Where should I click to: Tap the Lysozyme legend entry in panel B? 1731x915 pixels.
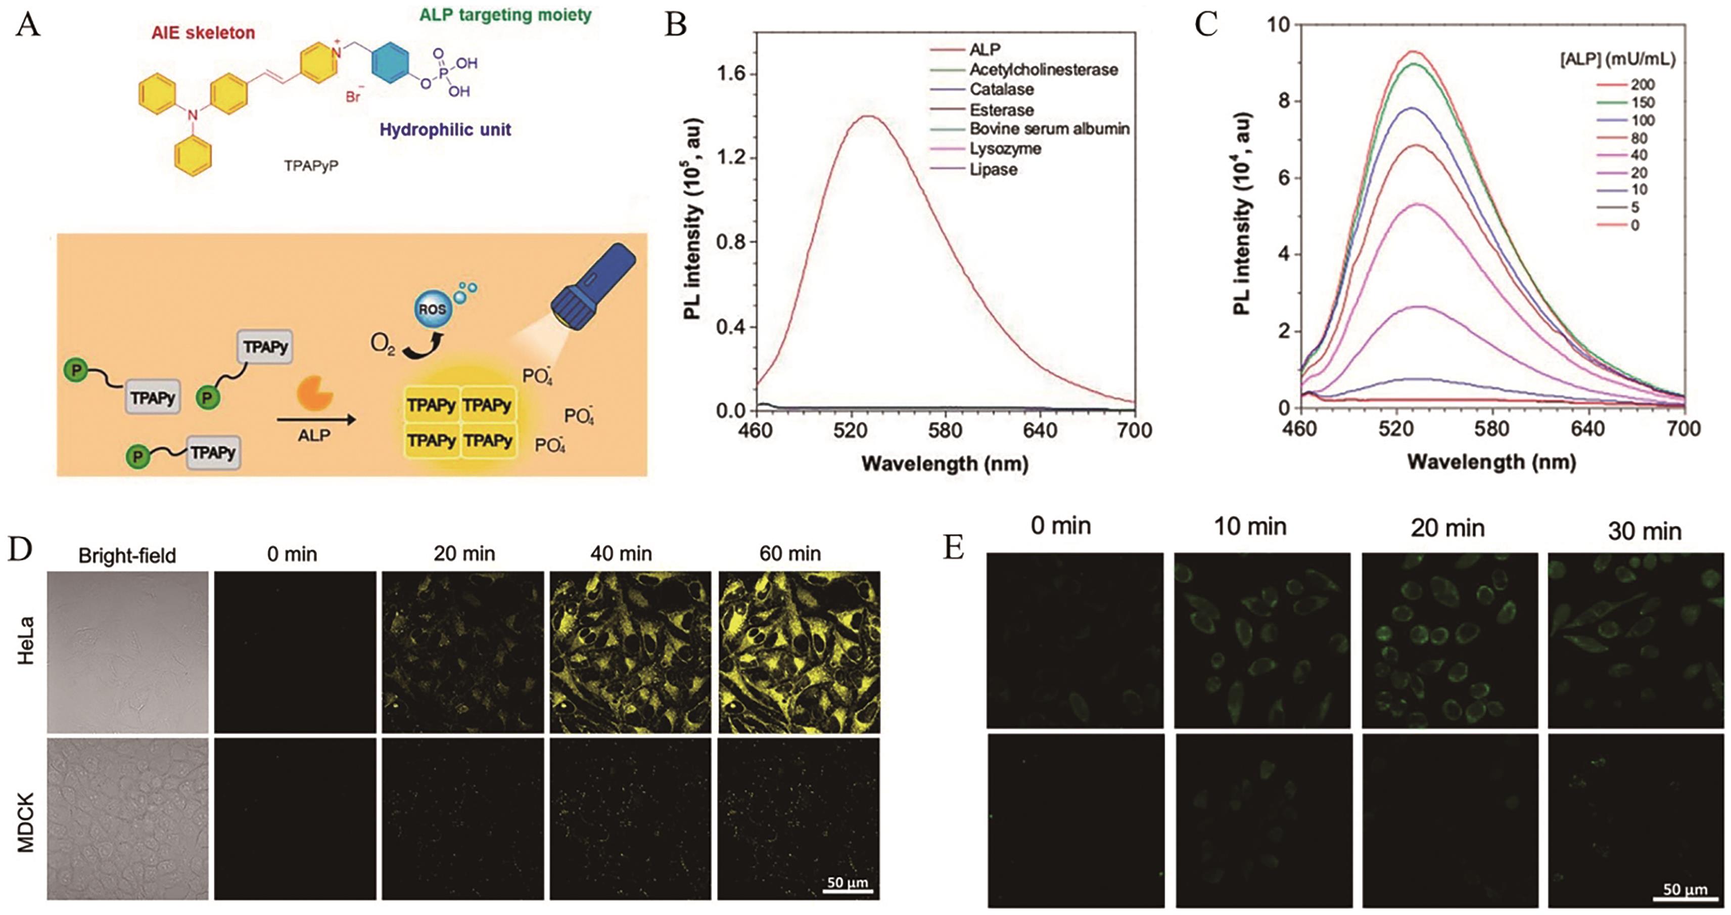click(1005, 149)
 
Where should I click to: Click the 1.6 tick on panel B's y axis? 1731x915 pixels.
click(731, 74)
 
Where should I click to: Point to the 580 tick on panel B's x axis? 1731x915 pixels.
click(946, 430)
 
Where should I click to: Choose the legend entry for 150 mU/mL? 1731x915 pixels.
click(1642, 103)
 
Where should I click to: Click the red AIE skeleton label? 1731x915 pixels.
click(203, 32)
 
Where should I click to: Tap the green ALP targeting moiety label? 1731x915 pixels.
click(505, 15)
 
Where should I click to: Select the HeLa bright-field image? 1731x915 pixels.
click(128, 651)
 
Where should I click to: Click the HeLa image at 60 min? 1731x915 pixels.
click(799, 651)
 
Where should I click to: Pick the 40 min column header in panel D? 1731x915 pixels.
click(621, 554)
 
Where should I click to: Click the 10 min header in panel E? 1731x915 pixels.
click(1250, 527)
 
